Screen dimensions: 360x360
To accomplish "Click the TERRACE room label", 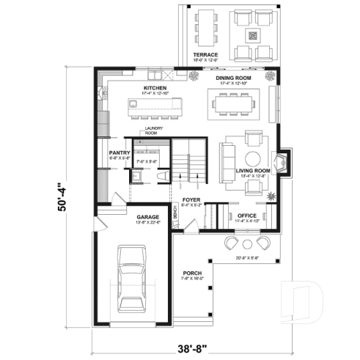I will click(x=201, y=55).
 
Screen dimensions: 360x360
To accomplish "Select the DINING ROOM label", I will click(x=234, y=77).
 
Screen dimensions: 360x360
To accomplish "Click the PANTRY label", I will click(x=119, y=153).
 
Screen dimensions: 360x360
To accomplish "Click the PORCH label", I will click(x=193, y=273).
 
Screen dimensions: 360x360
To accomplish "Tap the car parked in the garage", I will click(x=132, y=279).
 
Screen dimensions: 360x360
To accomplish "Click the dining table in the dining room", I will click(x=235, y=104).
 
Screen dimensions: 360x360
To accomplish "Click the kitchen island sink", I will click(x=134, y=105).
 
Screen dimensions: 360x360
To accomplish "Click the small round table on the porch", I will click(x=247, y=243).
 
